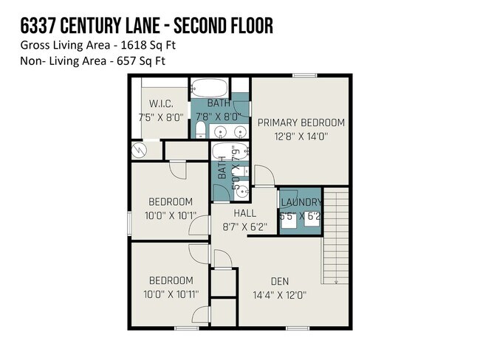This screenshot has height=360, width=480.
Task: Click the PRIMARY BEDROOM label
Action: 301,122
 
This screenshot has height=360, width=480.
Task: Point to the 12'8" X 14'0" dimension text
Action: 301,136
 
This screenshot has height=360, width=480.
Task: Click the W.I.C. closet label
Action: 160,103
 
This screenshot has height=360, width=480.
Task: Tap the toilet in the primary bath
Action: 199,131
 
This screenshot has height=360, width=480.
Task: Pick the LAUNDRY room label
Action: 301,202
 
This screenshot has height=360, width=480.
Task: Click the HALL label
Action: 244,214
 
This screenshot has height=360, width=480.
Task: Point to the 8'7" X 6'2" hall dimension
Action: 244,227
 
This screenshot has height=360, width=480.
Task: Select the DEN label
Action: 280,281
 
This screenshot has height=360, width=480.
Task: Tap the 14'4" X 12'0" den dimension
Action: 280,294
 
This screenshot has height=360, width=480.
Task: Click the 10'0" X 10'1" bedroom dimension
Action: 170,215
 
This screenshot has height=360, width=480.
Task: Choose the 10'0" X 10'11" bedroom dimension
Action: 171,294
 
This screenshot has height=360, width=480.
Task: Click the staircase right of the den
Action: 335,236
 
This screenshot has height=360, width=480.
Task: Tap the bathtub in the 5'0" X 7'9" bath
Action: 223,152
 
